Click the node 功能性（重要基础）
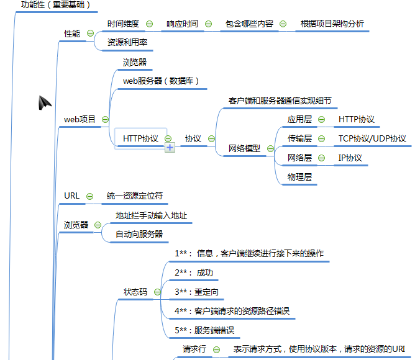pos(56,5)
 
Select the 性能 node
pos(72,34)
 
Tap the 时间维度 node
pos(123,24)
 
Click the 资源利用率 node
pos(127,43)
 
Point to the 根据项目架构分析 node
pos(332,24)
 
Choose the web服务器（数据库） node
pos(160,81)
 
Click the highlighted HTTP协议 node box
pos(140,138)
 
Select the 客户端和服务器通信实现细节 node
pos(280,101)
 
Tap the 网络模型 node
pos(244,148)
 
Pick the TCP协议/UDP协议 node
pos(372,138)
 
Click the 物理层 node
pos(299,177)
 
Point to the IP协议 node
pos(350,158)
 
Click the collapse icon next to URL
pos(91,196)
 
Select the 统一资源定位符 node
pos(134,196)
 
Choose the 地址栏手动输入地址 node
pos(151,216)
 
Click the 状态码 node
pos(135,291)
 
